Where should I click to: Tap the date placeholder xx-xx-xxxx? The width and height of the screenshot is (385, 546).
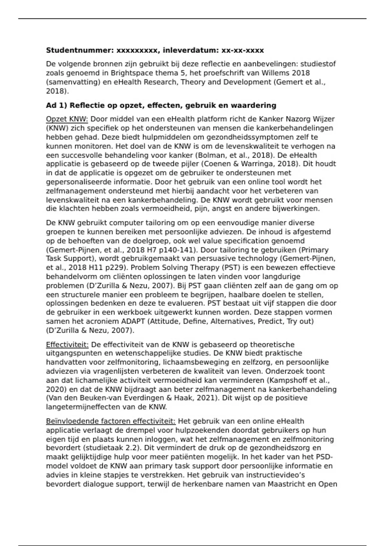[x=243, y=50]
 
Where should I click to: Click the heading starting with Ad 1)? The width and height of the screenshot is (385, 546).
[x=161, y=105]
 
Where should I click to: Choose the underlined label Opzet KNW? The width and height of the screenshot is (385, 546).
[x=67, y=119]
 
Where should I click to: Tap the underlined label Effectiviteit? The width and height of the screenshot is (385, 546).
[x=67, y=345]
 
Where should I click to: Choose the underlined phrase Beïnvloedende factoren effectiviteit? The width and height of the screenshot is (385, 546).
[x=111, y=421]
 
